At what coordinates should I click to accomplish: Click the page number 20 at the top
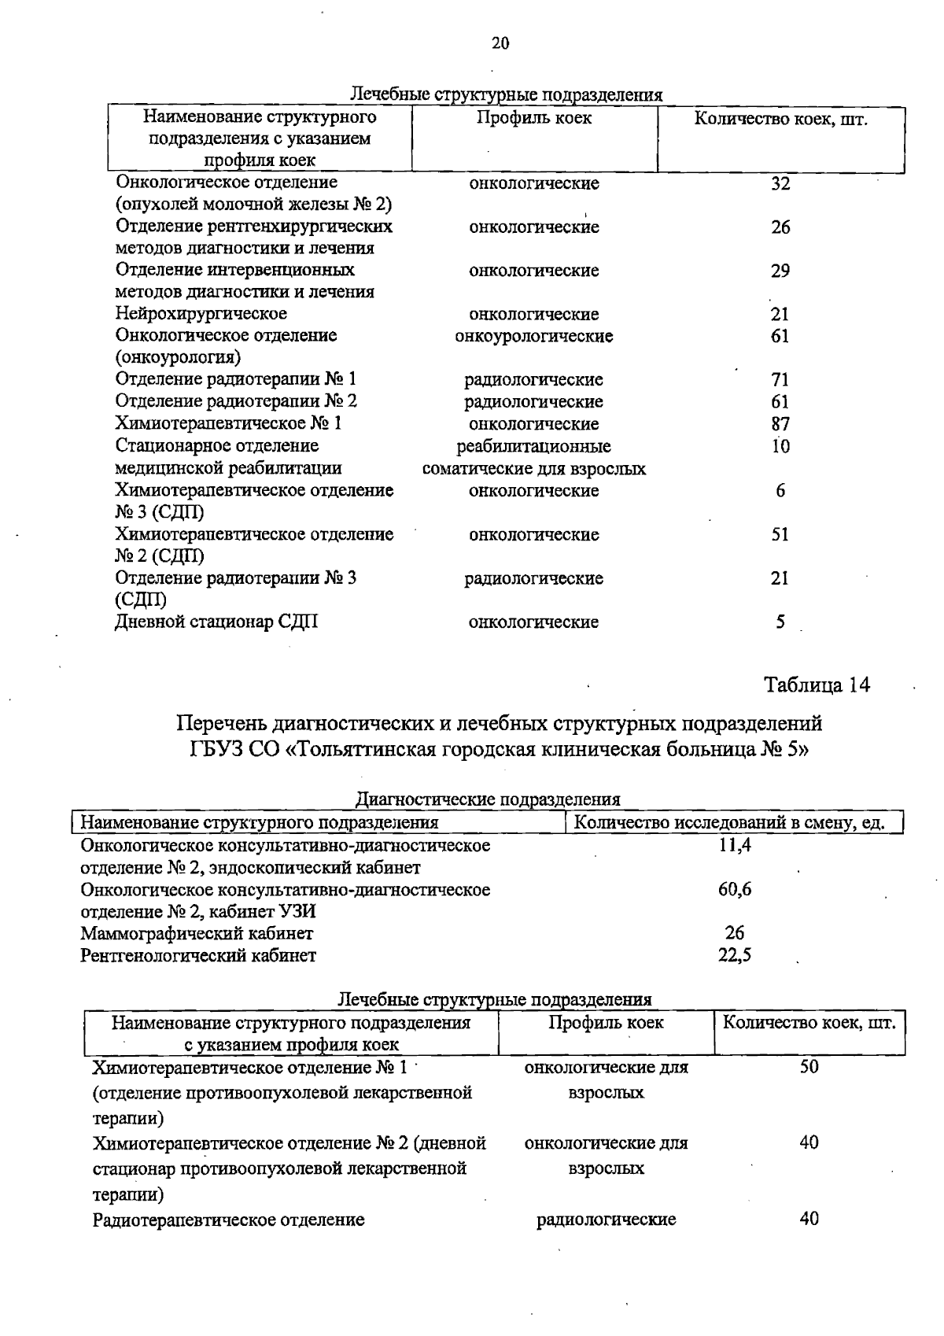click(500, 43)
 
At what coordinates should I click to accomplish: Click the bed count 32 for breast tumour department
click(780, 183)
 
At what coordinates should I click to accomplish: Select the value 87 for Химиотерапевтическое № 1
click(780, 423)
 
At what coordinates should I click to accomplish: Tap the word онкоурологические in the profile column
click(533, 336)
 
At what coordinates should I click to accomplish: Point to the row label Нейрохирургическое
click(201, 314)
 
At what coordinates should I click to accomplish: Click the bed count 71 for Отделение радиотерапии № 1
click(780, 380)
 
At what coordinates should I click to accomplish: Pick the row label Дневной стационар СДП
click(217, 622)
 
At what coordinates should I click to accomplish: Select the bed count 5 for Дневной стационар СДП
click(780, 622)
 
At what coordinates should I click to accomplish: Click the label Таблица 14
click(817, 685)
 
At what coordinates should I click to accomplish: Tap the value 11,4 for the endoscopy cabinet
click(735, 846)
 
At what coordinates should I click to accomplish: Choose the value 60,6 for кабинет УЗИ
click(735, 890)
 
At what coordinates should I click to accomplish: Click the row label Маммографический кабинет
click(197, 934)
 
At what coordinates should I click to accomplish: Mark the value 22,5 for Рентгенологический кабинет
click(735, 955)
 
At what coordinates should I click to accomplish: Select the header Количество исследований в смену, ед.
click(729, 823)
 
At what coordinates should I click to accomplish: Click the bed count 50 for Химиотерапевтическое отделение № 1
click(809, 1067)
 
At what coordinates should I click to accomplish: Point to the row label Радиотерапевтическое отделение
click(228, 1220)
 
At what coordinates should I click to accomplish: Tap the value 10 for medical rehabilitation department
click(780, 446)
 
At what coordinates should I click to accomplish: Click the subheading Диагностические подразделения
click(488, 799)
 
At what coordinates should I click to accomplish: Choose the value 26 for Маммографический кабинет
click(735, 933)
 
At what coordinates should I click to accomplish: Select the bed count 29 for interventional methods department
click(780, 271)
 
